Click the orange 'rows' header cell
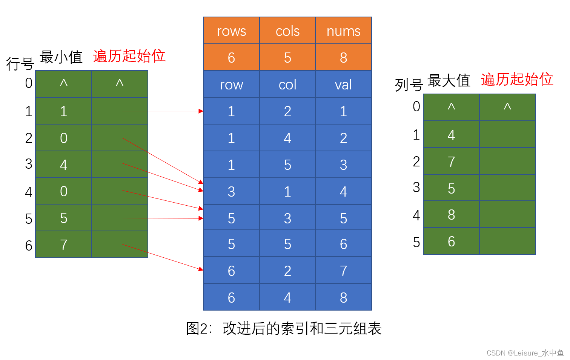click(x=231, y=31)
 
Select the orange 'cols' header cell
click(x=287, y=31)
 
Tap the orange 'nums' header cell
click(x=343, y=31)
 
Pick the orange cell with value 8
click(x=343, y=58)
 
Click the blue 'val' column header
click(x=343, y=85)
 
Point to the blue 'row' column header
click(x=231, y=85)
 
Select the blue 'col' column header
click(x=287, y=85)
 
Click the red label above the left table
click(x=129, y=56)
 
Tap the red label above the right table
click(x=517, y=80)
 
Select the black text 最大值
click(x=449, y=80)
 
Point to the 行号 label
click(x=20, y=64)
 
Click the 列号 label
click(x=409, y=85)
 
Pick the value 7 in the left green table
click(x=64, y=245)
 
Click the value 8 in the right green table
click(x=451, y=215)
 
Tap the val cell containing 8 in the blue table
click(x=343, y=298)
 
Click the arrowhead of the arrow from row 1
click(x=201, y=111)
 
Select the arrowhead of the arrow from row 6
click(x=201, y=269)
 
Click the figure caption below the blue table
click(x=284, y=329)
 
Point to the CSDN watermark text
click(x=525, y=353)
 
